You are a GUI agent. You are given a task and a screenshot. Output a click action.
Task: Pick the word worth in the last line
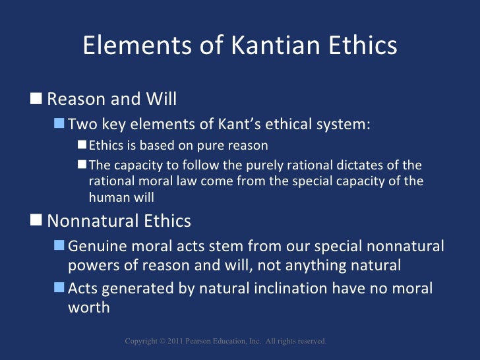[89, 307]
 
